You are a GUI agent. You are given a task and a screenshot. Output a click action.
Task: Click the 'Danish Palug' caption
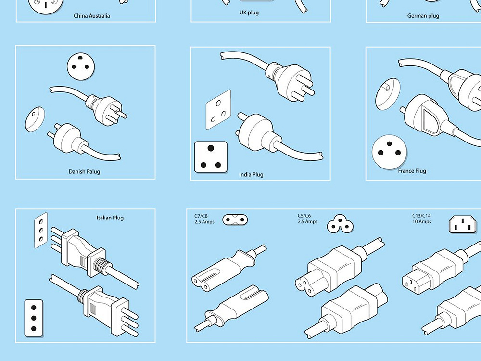click(x=84, y=171)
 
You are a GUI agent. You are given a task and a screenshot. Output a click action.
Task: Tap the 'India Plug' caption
click(x=251, y=174)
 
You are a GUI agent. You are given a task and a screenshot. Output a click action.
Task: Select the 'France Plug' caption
click(x=412, y=171)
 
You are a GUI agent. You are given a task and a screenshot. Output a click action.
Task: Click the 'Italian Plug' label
click(x=110, y=218)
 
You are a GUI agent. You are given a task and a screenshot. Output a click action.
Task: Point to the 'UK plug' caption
click(x=249, y=12)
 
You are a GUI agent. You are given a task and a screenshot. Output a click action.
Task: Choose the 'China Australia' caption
click(x=91, y=16)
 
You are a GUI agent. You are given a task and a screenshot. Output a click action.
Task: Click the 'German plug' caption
click(x=423, y=16)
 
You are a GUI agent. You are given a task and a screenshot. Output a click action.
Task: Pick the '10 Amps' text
click(x=421, y=222)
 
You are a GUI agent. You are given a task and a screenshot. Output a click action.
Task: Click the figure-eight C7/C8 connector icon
click(x=235, y=219)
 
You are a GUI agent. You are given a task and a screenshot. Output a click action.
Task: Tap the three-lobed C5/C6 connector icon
click(x=341, y=223)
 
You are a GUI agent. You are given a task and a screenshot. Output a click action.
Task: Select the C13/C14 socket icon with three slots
click(x=463, y=224)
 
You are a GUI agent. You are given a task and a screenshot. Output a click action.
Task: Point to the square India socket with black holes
click(x=210, y=156)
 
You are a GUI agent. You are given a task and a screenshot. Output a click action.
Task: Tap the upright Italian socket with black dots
click(x=34, y=318)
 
